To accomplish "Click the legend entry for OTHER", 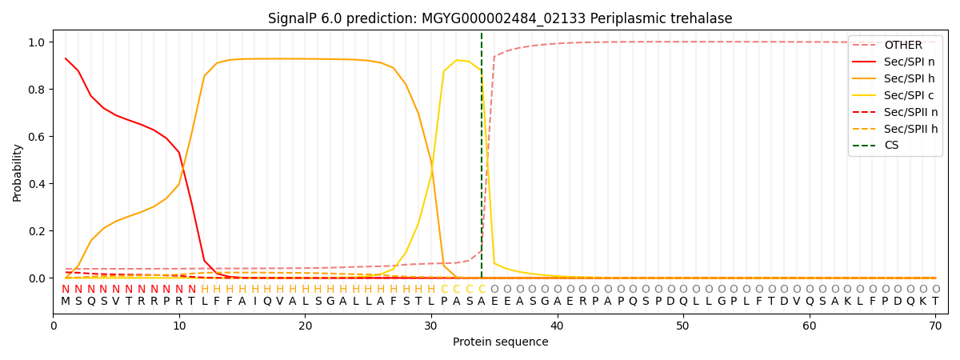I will [902, 46].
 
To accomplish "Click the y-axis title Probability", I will [18, 172].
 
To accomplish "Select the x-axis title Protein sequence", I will [500, 342].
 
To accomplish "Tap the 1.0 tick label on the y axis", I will [36, 42].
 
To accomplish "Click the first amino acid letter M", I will [66, 302].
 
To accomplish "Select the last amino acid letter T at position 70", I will [935, 302].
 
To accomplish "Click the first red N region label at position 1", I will [66, 290].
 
